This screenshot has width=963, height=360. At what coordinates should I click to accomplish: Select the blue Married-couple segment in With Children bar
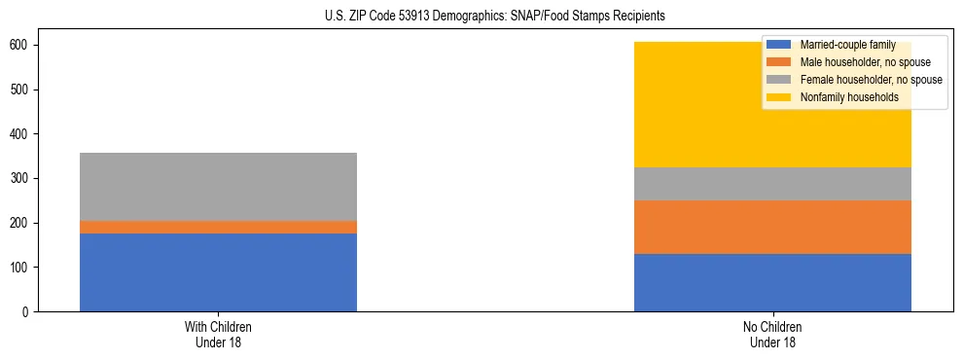tap(218, 272)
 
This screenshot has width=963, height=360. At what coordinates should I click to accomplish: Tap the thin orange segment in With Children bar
tap(218, 227)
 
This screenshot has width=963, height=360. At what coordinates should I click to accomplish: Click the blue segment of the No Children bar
tap(772, 282)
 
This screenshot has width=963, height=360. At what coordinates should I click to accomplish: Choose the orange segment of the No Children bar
tap(772, 227)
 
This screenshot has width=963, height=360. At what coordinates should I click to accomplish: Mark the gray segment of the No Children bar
tap(772, 184)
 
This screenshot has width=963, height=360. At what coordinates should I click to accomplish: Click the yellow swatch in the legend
tap(779, 97)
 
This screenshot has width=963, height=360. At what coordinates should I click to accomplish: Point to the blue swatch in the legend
tap(779, 45)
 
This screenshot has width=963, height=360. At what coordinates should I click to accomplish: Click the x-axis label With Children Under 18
tap(218, 334)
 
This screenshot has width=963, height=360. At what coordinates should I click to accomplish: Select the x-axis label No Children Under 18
tap(772, 334)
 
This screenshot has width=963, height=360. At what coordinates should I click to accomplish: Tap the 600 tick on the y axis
tap(20, 45)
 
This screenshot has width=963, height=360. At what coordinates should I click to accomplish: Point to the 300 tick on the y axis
tap(20, 178)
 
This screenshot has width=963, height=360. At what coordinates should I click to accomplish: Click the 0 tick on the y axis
tap(26, 311)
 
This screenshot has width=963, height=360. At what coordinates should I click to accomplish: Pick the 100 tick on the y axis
tap(20, 268)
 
